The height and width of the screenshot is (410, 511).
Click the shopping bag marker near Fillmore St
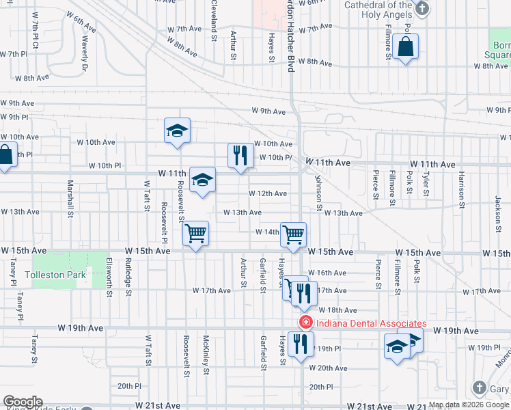click(405, 48)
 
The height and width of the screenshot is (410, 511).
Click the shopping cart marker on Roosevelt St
click(196, 235)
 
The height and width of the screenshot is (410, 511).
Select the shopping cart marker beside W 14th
click(293, 235)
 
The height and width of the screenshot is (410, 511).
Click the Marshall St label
click(70, 200)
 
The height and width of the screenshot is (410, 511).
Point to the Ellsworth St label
click(109, 277)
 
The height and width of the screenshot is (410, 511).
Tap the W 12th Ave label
click(268, 193)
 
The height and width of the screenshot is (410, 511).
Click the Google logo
click(23, 402)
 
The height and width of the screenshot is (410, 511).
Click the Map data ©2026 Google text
click(469, 405)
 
